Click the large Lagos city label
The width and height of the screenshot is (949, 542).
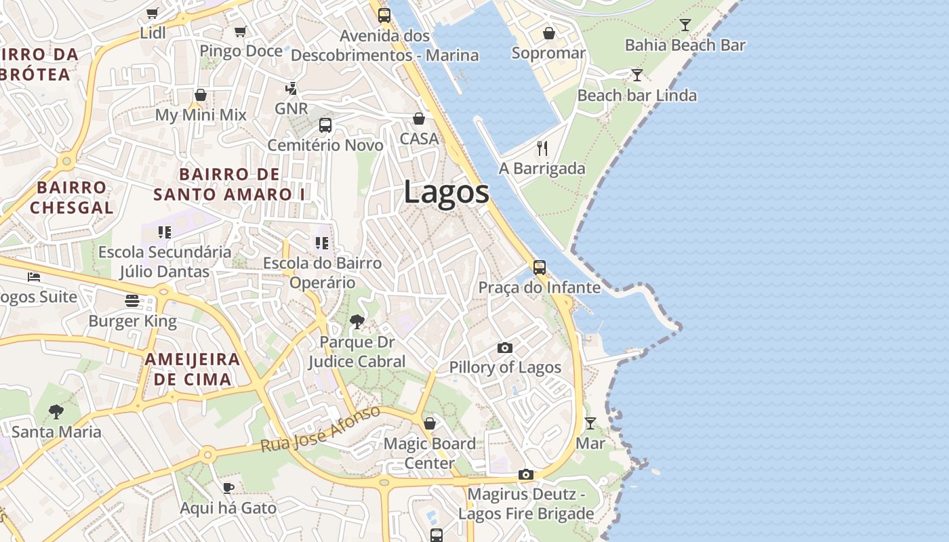[x=446, y=192]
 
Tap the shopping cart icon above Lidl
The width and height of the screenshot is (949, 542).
[x=153, y=14]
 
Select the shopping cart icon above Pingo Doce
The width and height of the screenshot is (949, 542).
[x=240, y=31]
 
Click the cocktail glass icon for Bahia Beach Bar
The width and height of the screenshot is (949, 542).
[x=685, y=25]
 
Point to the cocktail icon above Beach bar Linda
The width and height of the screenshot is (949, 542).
[x=637, y=75]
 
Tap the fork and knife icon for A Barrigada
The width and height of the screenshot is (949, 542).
[x=542, y=148]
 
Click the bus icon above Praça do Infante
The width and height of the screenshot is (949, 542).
[x=540, y=267]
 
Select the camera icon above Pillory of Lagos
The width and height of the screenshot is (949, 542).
[x=505, y=348]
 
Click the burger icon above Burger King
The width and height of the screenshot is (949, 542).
[x=132, y=301]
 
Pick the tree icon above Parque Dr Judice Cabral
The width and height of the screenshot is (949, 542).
[x=357, y=321]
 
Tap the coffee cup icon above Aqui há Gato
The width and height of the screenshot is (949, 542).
[x=228, y=488]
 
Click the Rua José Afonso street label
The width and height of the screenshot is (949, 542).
[x=321, y=430]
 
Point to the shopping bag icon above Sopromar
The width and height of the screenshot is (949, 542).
[x=549, y=33]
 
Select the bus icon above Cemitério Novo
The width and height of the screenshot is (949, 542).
[x=325, y=125]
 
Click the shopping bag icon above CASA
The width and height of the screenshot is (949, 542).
[x=419, y=119]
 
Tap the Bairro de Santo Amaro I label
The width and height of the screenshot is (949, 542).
[x=229, y=184]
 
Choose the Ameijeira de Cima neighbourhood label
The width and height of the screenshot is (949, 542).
[x=193, y=369]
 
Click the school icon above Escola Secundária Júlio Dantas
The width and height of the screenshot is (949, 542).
[x=164, y=232]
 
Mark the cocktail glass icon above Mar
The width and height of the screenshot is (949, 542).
[x=590, y=423]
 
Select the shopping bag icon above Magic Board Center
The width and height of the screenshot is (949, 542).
[x=430, y=423]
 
